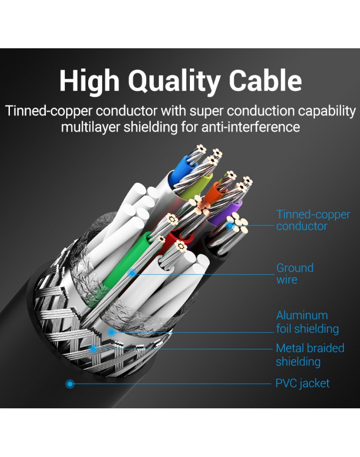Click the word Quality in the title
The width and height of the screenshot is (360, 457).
pyautogui.click(x=174, y=82)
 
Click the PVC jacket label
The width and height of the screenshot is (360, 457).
pyautogui.click(x=302, y=383)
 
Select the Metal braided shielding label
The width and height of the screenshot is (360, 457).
pyautogui.click(x=310, y=355)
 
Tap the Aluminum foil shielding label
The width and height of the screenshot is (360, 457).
pyautogui.click(x=307, y=322)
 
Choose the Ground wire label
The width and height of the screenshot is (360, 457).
pyautogui.click(x=295, y=273)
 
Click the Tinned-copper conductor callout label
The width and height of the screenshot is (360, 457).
pyautogui.click(x=313, y=220)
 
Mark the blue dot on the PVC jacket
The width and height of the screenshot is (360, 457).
pyautogui.click(x=70, y=383)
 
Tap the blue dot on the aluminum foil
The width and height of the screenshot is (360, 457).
pyautogui.click(x=112, y=332)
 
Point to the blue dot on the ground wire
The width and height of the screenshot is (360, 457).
pyautogui.click(x=132, y=273)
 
